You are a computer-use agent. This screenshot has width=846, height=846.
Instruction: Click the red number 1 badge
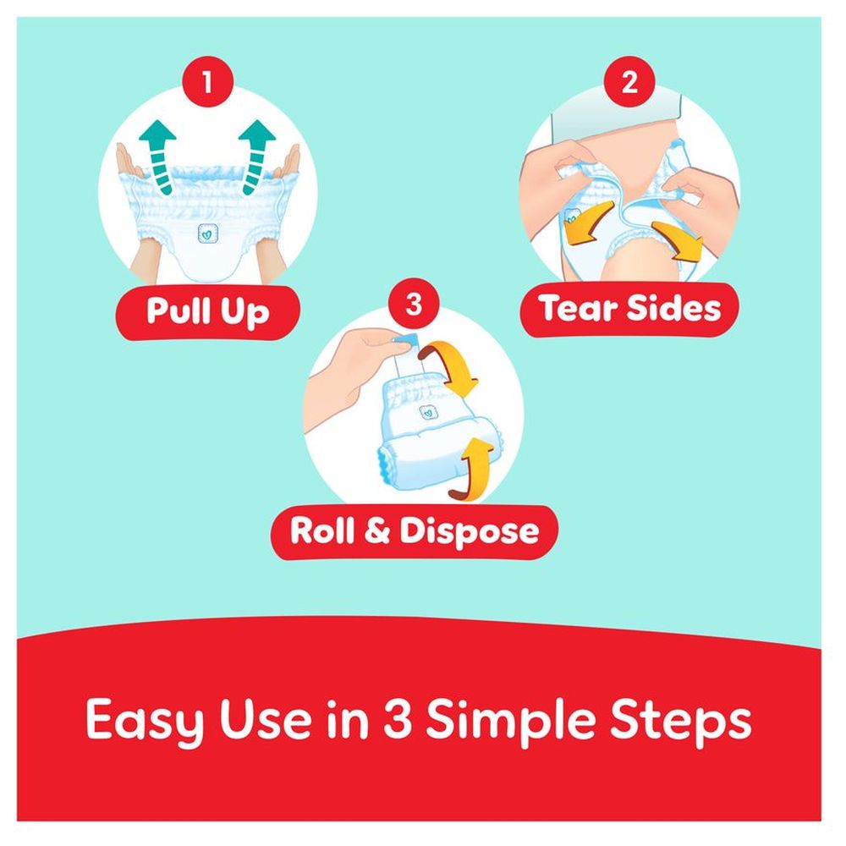tap(206, 84)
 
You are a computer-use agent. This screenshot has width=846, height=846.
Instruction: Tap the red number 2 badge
tap(628, 84)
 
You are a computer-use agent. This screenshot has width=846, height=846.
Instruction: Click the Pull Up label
tap(207, 310)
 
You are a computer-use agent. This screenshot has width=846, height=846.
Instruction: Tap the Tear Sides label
tap(630, 309)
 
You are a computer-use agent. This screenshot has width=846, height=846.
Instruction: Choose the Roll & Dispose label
tap(415, 531)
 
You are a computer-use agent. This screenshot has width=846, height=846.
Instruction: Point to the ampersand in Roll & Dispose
tap(382, 532)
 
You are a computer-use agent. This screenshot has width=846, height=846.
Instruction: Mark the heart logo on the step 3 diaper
tap(428, 413)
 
